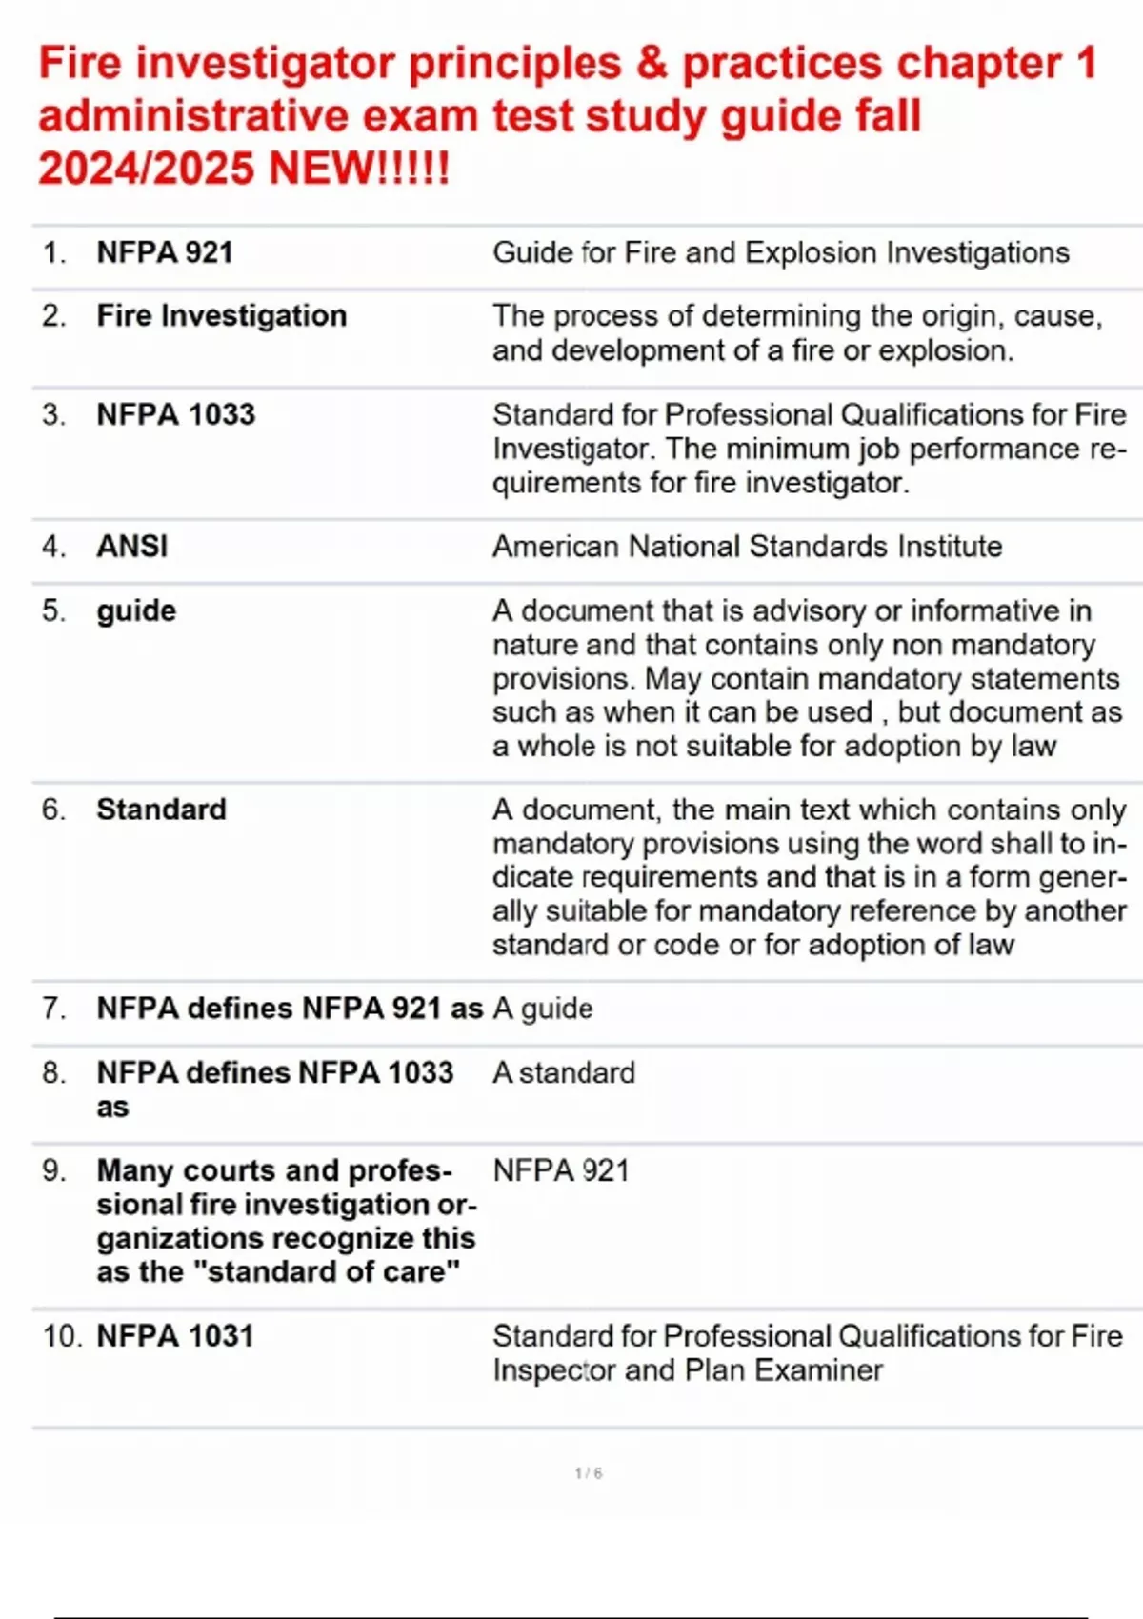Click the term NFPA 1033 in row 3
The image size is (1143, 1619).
[x=175, y=414]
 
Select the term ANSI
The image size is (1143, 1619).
[x=131, y=546]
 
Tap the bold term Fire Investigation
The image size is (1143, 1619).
[x=221, y=315]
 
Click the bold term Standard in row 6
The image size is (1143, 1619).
[x=161, y=809]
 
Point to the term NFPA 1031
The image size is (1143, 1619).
[x=175, y=1335]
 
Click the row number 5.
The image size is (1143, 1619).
[x=53, y=610]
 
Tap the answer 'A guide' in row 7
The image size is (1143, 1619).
[x=542, y=1008]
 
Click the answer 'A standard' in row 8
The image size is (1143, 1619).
[x=563, y=1072]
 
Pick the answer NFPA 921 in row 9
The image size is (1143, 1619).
[x=560, y=1170]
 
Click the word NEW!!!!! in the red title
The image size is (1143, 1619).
[x=359, y=170]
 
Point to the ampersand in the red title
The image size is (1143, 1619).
[x=652, y=64]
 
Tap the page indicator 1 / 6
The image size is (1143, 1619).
[x=589, y=1473]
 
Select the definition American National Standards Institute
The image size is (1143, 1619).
[x=747, y=546]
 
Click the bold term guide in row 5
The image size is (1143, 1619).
[x=136, y=610]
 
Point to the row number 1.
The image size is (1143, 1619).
[x=53, y=252]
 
